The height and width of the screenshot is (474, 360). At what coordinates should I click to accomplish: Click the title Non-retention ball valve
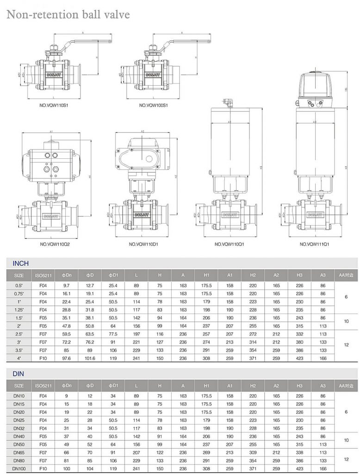click(68, 14)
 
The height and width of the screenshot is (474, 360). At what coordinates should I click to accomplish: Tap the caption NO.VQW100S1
click(153, 105)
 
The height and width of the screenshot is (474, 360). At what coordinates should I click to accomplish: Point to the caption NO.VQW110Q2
click(54, 244)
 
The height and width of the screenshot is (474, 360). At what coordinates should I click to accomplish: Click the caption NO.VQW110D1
click(143, 244)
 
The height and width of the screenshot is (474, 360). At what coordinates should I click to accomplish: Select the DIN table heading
click(18, 374)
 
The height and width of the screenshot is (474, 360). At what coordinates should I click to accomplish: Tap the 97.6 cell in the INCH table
click(67, 358)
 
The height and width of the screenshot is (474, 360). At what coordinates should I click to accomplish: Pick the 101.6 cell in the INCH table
click(90, 358)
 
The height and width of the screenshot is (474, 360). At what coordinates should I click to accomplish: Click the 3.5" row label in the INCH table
click(19, 350)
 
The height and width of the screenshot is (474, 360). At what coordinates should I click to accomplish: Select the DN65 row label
click(19, 452)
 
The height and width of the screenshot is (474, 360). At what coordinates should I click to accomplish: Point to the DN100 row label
click(19, 468)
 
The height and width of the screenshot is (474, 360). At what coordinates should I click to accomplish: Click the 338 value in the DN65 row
click(299, 452)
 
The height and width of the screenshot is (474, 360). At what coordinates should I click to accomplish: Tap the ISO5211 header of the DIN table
click(43, 386)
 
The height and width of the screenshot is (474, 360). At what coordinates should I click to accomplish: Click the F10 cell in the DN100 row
click(43, 468)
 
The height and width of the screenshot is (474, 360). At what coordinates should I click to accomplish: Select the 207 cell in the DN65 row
click(137, 452)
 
